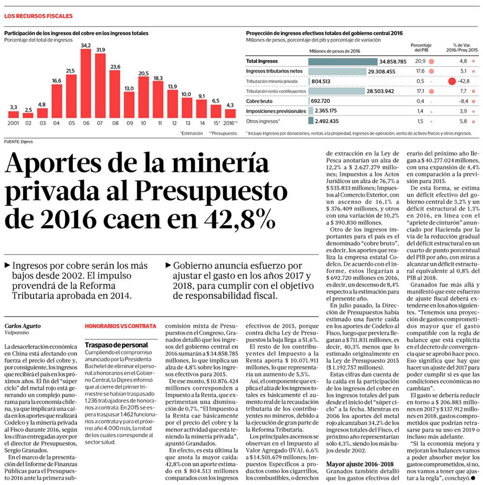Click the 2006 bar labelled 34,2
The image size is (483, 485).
tap(86, 84)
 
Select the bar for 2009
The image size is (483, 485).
tap(129, 105)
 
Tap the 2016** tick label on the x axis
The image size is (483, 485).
tap(230, 123)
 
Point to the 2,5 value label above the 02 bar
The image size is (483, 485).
tap(28, 110)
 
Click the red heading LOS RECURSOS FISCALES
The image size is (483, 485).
tap(38, 16)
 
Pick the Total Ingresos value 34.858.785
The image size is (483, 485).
tap(393, 61)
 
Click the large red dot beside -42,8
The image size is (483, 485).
tap(452, 81)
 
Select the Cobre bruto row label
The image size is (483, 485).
tap(259, 101)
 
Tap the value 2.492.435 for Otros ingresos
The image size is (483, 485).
tap(327, 121)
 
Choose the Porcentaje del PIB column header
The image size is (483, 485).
tap(421, 48)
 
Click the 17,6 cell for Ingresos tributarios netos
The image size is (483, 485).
tap(420, 71)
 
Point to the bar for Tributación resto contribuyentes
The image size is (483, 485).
tap(337, 91)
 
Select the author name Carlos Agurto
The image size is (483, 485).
tap(23, 326)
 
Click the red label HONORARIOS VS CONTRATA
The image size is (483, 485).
tap(121, 326)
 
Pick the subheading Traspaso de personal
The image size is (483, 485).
tap(116, 345)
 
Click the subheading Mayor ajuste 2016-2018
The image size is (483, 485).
tap(360, 464)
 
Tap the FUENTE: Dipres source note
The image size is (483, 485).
tap(18, 142)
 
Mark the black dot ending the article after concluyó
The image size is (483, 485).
tap(473, 478)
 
